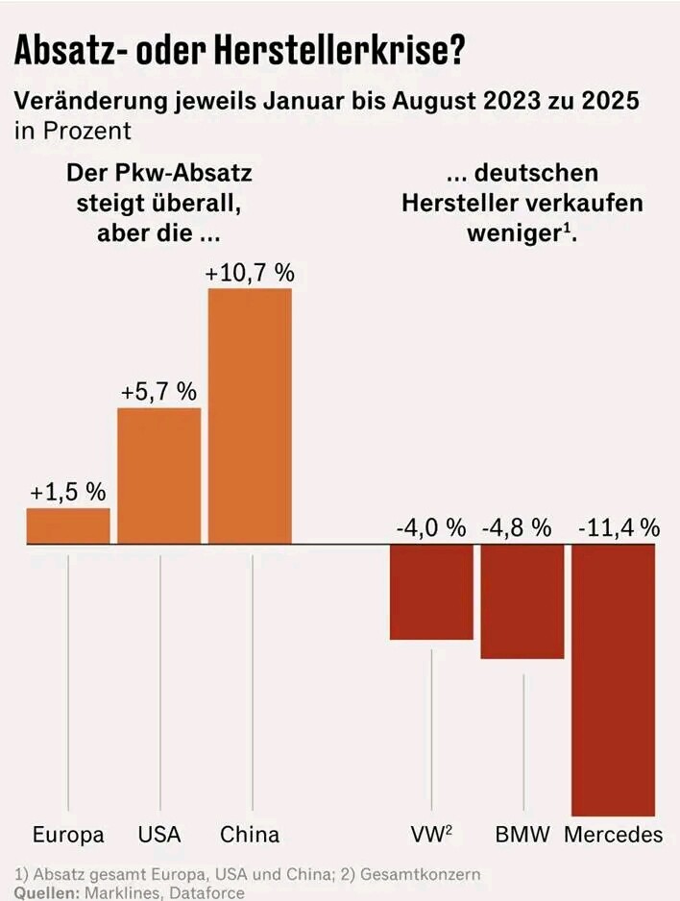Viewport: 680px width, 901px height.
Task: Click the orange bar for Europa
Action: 68,525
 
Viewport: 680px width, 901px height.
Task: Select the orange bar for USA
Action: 159,475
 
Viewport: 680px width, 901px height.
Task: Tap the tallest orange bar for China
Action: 250,415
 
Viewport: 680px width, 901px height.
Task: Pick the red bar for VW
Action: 431,592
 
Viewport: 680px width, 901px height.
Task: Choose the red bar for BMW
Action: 522,601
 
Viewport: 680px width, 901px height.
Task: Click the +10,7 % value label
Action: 250,272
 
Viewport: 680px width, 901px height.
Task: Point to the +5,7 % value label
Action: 159,392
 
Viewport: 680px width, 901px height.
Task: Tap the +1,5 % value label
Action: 68,492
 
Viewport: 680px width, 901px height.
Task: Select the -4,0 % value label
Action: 431,527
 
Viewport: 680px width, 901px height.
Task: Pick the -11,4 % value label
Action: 619,527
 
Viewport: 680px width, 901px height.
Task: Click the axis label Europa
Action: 68,834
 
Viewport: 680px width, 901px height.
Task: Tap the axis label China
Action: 250,834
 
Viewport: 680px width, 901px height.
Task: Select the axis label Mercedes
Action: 614,834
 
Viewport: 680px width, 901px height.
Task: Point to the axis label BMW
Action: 522,834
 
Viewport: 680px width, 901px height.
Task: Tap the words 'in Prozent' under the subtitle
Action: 72,130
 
